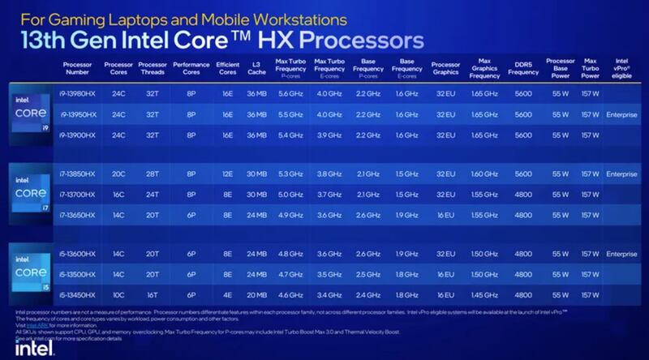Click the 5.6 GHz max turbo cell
pos(290,95)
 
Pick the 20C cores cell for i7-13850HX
pos(118,174)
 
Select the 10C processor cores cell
pos(118,294)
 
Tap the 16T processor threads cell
pos(153,294)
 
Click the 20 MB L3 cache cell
pos(256,294)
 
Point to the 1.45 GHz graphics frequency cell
pos(484,294)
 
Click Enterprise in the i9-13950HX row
pos(621,114)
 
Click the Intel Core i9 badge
pos(30,114)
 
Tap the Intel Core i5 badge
pos(30,273)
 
